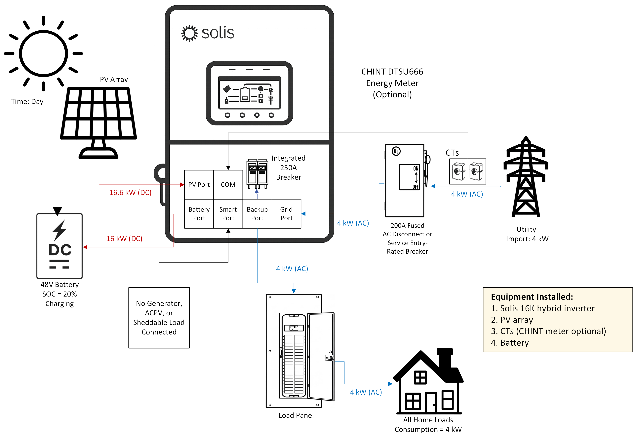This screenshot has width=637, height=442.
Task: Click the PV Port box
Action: coord(199,185)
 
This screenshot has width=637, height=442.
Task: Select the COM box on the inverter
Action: coord(228,185)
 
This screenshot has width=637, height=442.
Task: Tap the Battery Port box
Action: coord(199,213)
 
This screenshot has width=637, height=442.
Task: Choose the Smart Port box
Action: coord(228,213)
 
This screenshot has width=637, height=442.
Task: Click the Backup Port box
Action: coord(257,213)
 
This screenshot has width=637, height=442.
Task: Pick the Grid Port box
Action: coord(286,213)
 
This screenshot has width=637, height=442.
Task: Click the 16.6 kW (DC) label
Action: coord(130,192)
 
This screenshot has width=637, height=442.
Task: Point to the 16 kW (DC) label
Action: coord(124,238)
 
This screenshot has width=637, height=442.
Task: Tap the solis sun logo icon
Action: coord(189,33)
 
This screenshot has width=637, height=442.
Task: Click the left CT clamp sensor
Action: coord(458,172)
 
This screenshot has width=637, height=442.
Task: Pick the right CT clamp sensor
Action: coord(476,172)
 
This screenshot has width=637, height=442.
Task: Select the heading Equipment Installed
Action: coord(532,297)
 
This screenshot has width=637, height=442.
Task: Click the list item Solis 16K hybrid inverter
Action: coord(542,308)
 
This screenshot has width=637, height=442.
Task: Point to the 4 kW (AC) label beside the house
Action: coord(366,392)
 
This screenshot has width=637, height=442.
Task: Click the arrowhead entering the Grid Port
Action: coord(303,213)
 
